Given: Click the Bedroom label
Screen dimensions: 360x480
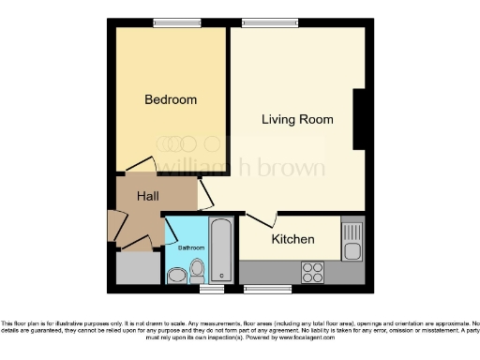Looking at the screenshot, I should click(171, 99).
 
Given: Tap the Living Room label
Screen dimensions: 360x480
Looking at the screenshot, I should click(297, 119).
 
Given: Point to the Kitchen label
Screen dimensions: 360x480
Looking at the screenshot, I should click(292, 240).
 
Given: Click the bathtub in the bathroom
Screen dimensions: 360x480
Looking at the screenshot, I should click(221, 250).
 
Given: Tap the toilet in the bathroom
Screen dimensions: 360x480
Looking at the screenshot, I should click(197, 271).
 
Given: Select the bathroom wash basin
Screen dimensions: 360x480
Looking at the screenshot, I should click(175, 276).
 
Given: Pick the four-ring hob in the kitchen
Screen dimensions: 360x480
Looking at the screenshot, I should click(312, 271).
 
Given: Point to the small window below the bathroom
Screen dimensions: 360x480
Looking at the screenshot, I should click(198, 287).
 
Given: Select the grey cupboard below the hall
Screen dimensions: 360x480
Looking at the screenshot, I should click(139, 268).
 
